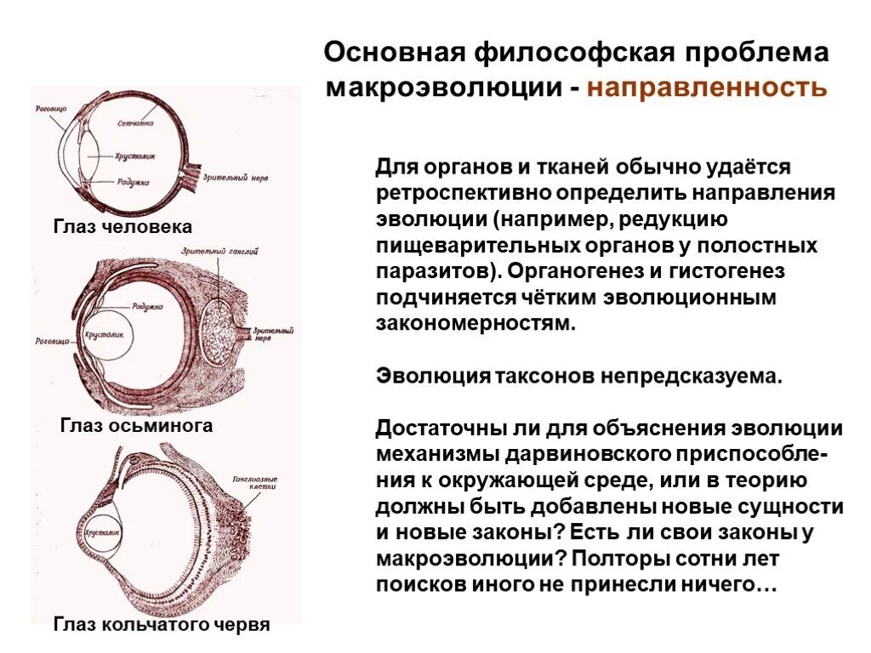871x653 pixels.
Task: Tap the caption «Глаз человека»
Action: [122, 227]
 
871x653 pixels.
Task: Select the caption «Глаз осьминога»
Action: [137, 425]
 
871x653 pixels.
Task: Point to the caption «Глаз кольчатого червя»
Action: [162, 625]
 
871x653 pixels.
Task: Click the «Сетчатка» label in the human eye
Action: [135, 124]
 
